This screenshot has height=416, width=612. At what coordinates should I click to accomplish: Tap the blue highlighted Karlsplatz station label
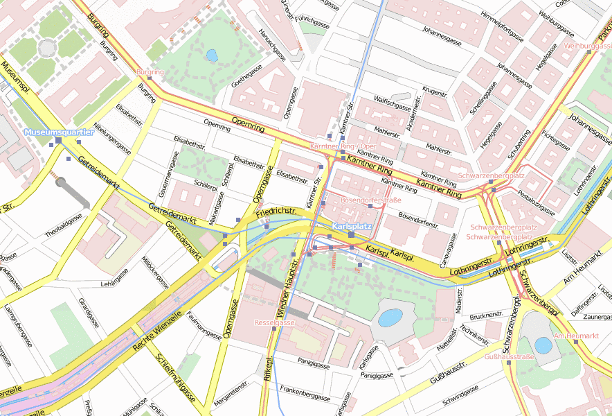pos(352,227)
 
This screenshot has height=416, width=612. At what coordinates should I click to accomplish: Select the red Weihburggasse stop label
pos(588,46)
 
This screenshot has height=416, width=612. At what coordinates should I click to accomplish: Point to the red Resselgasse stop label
pos(275,322)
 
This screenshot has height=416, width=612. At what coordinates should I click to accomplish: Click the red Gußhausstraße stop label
pos(509,356)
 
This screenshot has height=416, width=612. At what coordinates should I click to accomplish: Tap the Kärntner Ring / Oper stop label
pos(343,147)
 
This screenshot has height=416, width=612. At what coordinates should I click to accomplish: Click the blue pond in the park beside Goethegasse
pos(212,55)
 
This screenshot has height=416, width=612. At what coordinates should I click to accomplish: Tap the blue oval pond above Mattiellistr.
pos(390,318)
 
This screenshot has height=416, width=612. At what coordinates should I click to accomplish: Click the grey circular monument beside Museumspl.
pos(47,47)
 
